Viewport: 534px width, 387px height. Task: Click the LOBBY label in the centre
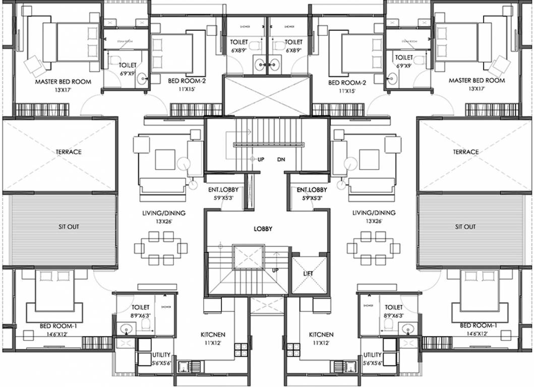[x=263, y=229]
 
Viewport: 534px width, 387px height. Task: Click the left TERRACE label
[x=69, y=152]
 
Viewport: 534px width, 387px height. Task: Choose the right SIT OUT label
[x=465, y=227]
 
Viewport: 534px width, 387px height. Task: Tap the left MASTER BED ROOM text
[x=63, y=81]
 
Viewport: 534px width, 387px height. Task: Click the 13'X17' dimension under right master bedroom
[x=477, y=88]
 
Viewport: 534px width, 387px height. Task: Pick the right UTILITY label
[x=372, y=355]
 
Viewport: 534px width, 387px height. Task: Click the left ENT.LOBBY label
[x=223, y=190]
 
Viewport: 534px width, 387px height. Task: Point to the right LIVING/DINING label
[x=374, y=213]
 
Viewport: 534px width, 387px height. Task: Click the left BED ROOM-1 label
[x=58, y=326]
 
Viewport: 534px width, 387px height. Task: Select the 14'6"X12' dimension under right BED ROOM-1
[x=478, y=334]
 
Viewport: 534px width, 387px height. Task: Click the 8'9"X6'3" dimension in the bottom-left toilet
[x=140, y=315]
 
